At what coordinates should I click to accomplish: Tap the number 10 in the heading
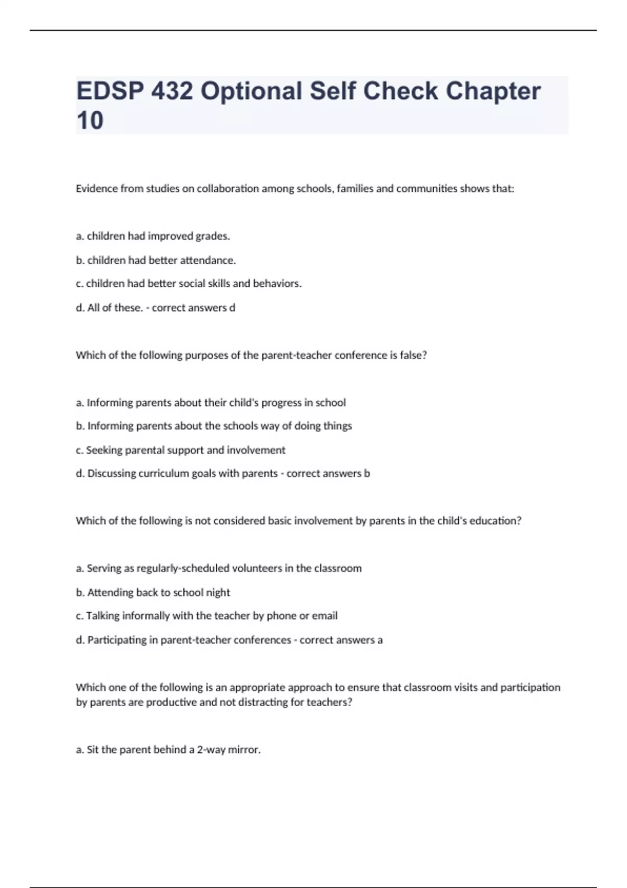click(x=90, y=121)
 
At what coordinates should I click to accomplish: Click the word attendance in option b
click(x=207, y=260)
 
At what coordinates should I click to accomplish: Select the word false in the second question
click(x=415, y=355)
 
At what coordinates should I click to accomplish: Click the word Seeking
click(x=104, y=450)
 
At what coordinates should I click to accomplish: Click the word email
click(x=325, y=616)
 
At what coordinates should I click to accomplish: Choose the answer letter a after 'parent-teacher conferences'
click(x=380, y=640)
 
